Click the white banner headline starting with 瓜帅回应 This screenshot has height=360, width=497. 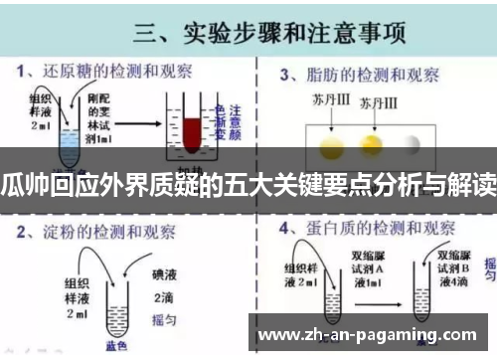point(248,185)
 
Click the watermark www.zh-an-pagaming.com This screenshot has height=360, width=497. point(373,333)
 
